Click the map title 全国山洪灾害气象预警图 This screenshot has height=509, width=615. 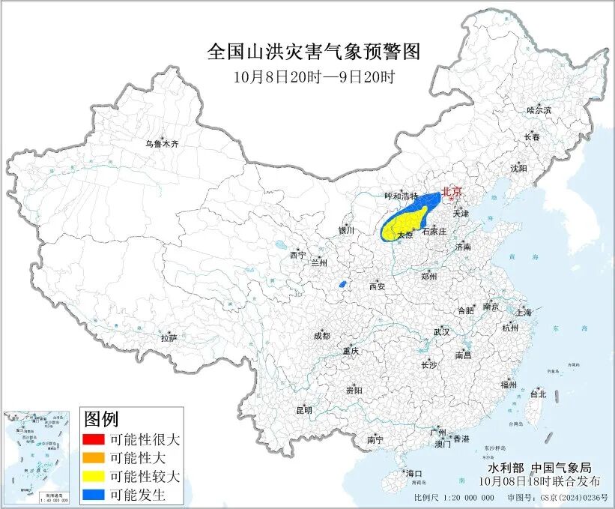pyautogui.click(x=312, y=52)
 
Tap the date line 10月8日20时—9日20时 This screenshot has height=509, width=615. pyautogui.click(x=313, y=76)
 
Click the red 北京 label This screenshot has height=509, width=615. pyautogui.click(x=452, y=192)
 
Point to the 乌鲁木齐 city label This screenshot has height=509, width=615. pyautogui.click(x=162, y=143)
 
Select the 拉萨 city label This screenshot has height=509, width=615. pyautogui.click(x=169, y=338)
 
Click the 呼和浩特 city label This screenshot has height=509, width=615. pyautogui.click(x=401, y=196)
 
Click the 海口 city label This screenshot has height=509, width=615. pyautogui.click(x=413, y=473)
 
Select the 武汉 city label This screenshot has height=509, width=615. pyautogui.click(x=441, y=331)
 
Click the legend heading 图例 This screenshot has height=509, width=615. pyautogui.click(x=101, y=418)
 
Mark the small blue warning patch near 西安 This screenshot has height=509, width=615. pyautogui.click(x=342, y=284)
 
